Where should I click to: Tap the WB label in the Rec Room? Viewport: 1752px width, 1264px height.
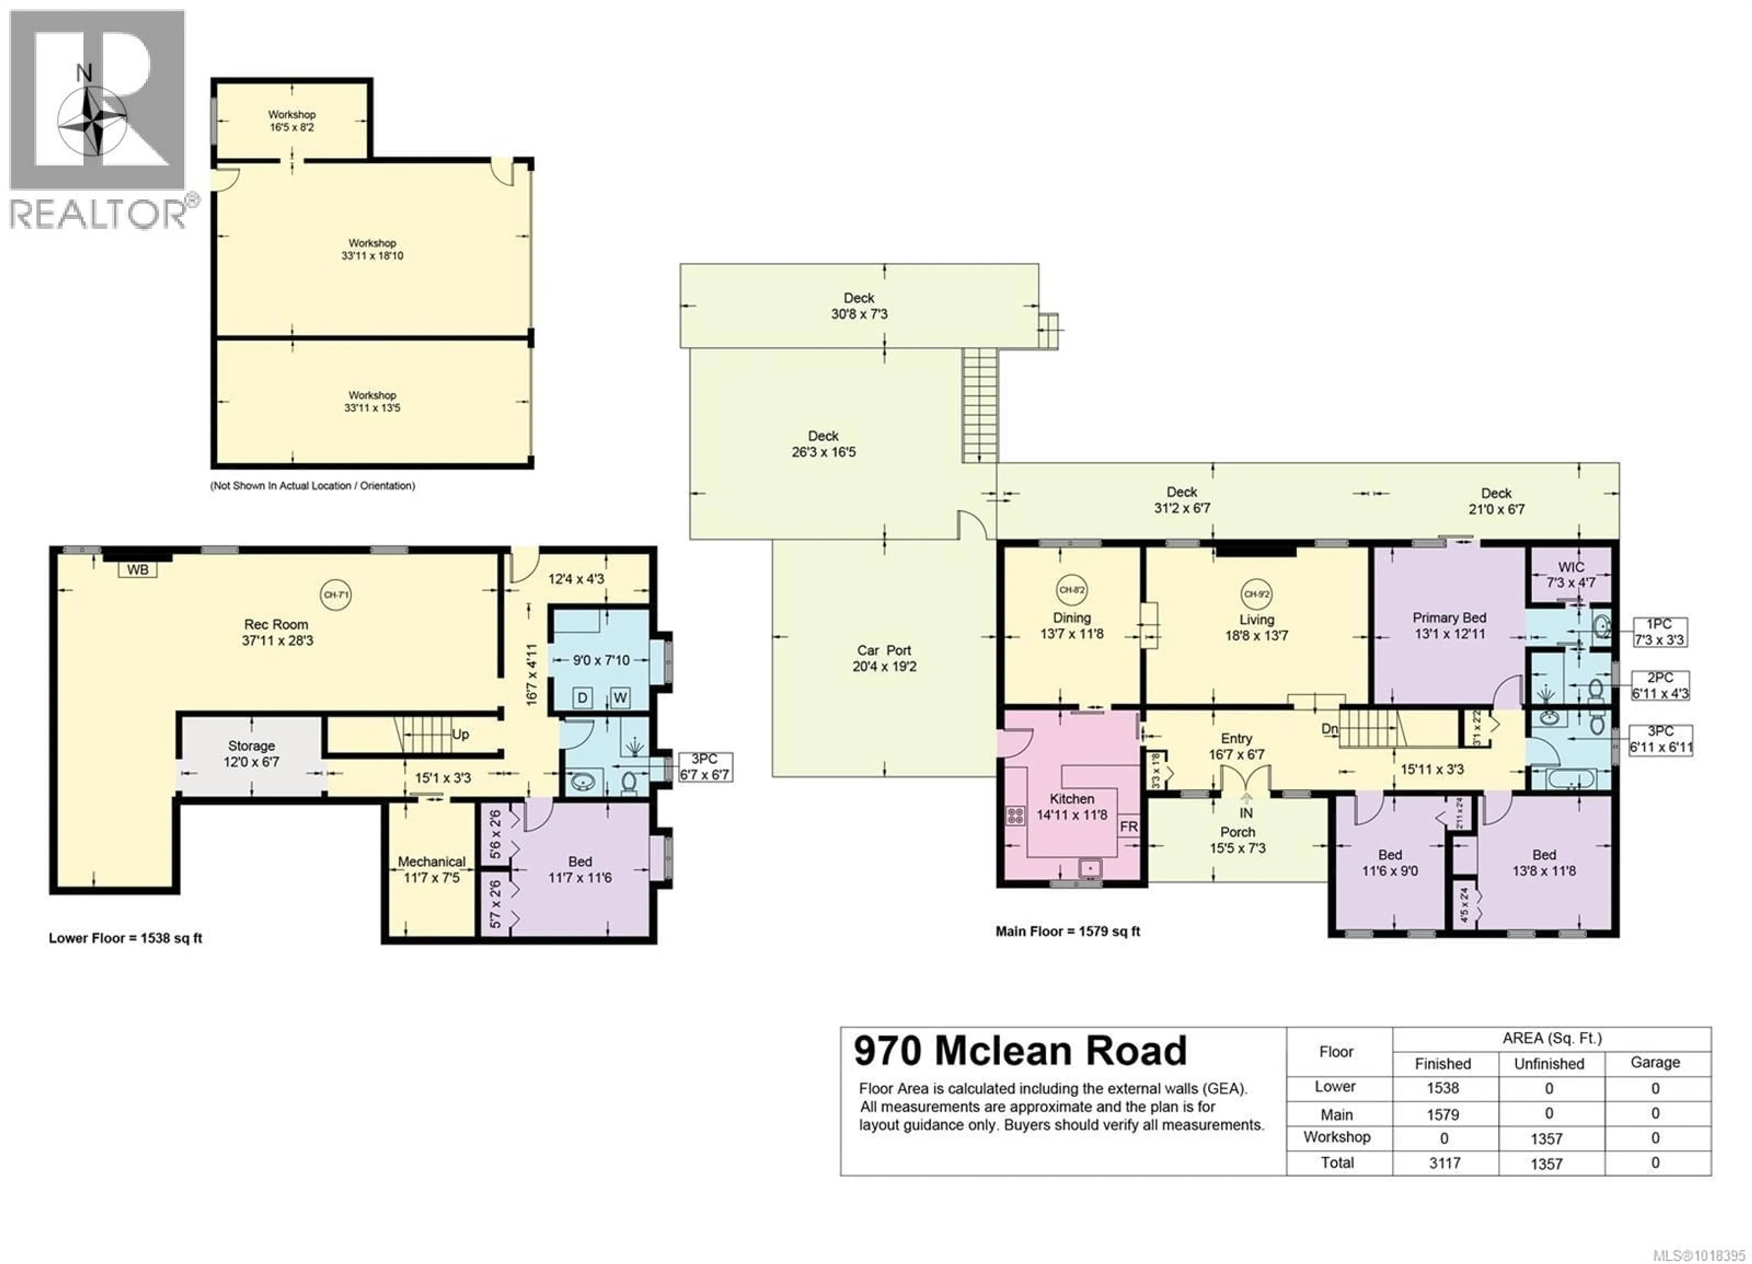pos(137,570)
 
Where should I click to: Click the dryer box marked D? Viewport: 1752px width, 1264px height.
pos(583,698)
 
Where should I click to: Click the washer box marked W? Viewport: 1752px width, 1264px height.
pos(620,698)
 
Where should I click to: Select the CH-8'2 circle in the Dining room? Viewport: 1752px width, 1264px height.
pos(1071,590)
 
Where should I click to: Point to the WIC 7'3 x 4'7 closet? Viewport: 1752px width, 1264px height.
pos(1570,575)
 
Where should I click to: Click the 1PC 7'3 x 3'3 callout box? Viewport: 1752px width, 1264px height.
pos(1659,632)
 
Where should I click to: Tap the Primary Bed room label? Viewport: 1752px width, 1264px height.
pos(1449,626)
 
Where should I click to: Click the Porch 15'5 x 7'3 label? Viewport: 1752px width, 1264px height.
pos(1237,840)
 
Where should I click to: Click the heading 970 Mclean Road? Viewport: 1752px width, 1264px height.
pos(1020,1051)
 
